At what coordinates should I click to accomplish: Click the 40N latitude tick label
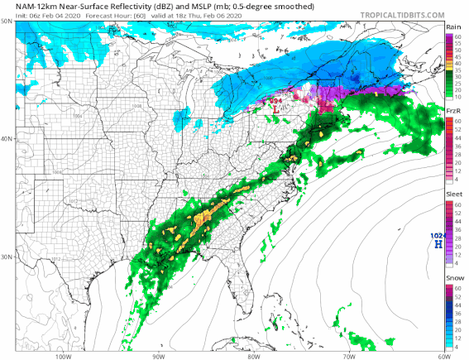pyautogui.click(x=7, y=139)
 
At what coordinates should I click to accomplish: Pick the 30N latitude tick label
pyautogui.click(x=7, y=257)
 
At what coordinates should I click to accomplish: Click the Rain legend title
pyautogui.click(x=453, y=28)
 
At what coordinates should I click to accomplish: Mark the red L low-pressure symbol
pyautogui.click(x=274, y=108)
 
